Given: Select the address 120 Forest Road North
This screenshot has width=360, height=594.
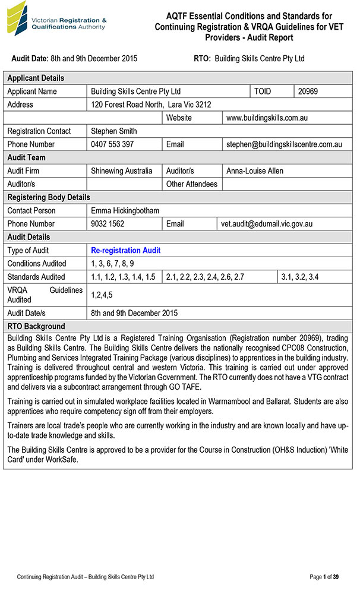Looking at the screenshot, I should point(151,105).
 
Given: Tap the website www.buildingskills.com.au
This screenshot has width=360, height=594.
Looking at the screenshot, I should point(267,118).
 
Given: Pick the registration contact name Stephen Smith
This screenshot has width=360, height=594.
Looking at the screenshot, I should point(113,131).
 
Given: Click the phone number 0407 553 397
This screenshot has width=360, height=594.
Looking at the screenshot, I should point(112,144).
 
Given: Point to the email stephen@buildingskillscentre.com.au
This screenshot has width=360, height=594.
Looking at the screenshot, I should point(285,144).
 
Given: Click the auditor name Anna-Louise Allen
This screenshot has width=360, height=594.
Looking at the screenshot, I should point(255,170).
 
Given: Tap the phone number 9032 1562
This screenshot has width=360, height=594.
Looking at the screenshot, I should point(108,224).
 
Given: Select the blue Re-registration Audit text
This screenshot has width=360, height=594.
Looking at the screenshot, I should point(125,250).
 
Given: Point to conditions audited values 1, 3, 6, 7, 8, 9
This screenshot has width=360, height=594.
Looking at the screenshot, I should point(112,263).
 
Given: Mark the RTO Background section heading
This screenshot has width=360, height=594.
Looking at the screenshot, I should point(36,326).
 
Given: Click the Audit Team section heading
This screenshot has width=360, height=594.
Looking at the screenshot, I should point(26,157).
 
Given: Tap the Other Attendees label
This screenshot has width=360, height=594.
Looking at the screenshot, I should point(191,184).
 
